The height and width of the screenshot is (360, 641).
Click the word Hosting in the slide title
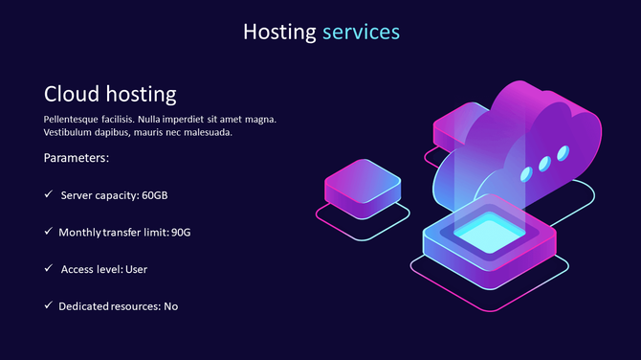pos(278,32)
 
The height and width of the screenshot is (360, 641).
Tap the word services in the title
pos(361,32)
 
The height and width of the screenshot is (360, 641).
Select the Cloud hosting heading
pos(110,94)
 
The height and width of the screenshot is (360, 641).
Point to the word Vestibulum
pos(73,132)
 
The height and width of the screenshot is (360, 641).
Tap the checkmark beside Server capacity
pos(48,194)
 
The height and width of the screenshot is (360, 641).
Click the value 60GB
pos(154,195)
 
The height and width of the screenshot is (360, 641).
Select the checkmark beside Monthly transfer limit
pos(48,232)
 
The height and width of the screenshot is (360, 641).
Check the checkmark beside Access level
pos(48,269)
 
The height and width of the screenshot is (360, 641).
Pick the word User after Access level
pos(134,269)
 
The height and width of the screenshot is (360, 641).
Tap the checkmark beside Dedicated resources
pos(48,305)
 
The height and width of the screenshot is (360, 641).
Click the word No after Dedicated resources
pos(171,306)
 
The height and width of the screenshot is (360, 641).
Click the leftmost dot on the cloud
pos(524,173)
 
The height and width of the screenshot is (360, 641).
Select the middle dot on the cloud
pos(543,164)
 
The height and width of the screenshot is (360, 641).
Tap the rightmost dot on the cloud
pos(563,152)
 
